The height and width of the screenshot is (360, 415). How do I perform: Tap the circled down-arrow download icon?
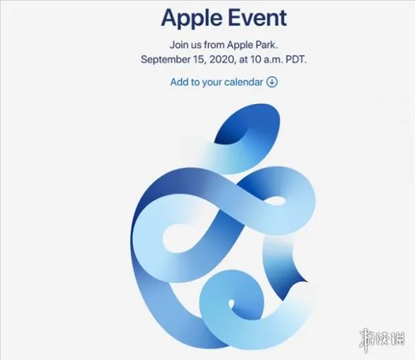(271, 82)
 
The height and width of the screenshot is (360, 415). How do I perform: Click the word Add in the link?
(179, 82)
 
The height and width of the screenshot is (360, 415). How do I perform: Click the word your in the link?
(212, 82)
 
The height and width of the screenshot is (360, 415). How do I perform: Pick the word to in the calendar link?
(195, 82)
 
